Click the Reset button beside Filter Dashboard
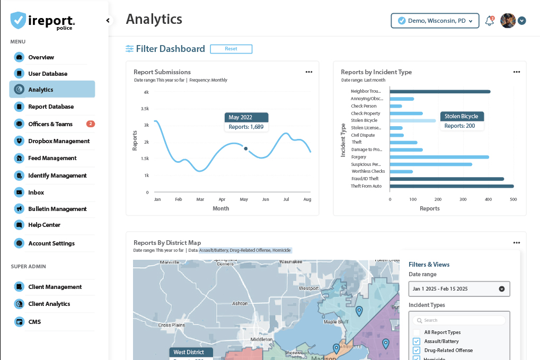[x=231, y=49]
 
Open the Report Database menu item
[x=51, y=107]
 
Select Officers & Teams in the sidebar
[x=50, y=124]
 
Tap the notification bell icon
[x=489, y=21]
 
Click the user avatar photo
[x=508, y=21]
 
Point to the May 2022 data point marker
[x=245, y=148]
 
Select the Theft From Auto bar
[x=452, y=186]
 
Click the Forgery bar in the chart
[x=439, y=157]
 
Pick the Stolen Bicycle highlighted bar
[x=412, y=120]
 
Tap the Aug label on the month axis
[x=307, y=199]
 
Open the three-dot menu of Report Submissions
[x=309, y=72]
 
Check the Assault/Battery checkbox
[x=417, y=341]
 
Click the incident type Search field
[x=459, y=320]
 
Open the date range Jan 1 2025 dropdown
[x=459, y=289]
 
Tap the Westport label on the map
[x=308, y=288]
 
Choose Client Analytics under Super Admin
[x=49, y=304]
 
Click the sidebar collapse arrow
[x=108, y=21]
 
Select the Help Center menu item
[x=44, y=225]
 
